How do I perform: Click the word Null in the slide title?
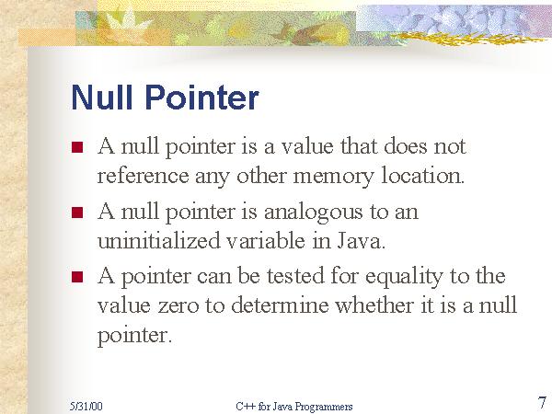101,98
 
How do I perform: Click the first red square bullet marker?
77,147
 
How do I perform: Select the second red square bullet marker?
77,213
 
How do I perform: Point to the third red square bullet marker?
77,277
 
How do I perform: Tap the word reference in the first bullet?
139,176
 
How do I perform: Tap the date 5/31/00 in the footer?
85,406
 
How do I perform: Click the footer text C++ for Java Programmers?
293,406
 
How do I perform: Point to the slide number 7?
542,401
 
